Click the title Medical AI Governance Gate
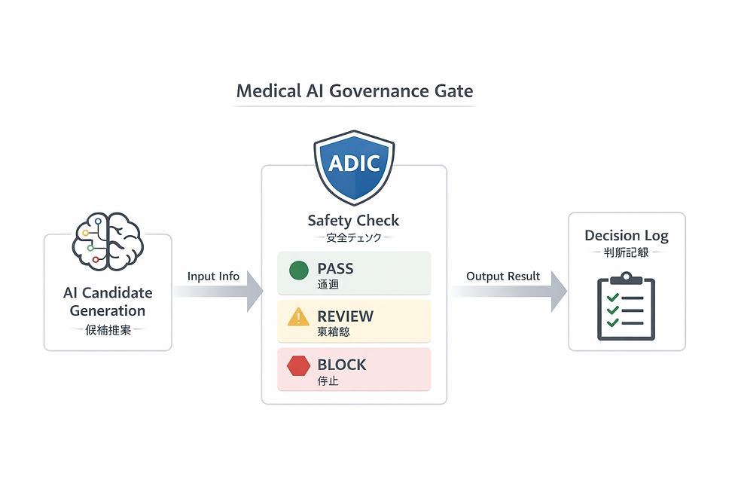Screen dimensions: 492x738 click(355, 92)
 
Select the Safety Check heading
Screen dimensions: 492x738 click(353, 221)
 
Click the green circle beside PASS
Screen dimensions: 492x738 click(299, 270)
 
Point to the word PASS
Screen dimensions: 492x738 click(335, 268)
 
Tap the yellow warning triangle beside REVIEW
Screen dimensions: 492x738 click(299, 317)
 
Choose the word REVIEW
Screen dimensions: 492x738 click(345, 316)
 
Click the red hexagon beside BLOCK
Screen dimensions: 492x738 click(299, 366)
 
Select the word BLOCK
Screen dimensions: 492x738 click(341, 365)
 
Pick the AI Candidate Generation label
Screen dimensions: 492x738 click(108, 301)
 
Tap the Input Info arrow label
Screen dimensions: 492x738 click(213, 277)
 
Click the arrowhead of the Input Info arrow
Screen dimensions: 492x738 click(254, 292)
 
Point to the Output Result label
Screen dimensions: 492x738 click(503, 277)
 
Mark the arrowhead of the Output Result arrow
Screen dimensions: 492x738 click(558, 292)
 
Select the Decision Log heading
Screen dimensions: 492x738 click(627, 236)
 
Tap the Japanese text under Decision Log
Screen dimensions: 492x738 click(627, 252)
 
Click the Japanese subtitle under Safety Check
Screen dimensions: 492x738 click(353, 237)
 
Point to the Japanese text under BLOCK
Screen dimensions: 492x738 click(328, 381)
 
